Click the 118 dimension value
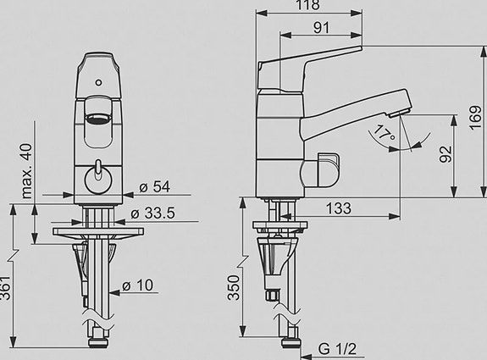[x=307, y=5]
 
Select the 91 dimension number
[x=321, y=28]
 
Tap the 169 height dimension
[x=475, y=118]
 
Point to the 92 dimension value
[x=446, y=154]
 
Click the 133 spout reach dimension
[x=339, y=208]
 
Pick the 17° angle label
[x=384, y=133]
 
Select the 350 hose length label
[x=234, y=288]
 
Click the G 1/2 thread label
[x=337, y=349]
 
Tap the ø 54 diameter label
[x=154, y=187]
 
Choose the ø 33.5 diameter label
[x=152, y=213]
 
